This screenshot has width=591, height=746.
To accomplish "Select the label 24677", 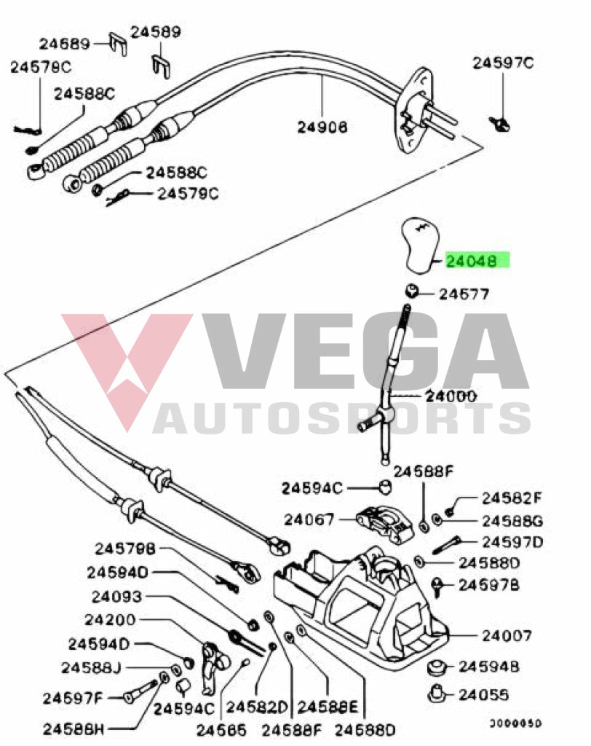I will coord(464,294).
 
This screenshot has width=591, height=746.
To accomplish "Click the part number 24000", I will coord(451,396).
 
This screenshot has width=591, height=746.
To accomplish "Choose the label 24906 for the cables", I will coord(322,127).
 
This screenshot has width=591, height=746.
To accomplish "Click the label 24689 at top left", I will coord(64,44).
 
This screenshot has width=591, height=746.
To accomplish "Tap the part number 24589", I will coord(156,32).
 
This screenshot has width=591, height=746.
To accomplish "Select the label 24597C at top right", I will coord(503,63).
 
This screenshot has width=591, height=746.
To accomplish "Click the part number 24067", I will coord(309,519).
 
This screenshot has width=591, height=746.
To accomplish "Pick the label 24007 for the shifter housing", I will coord(507,635).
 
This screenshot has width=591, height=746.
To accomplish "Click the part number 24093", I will coord(116,597).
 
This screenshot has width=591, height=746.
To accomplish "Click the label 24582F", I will coord(512,498).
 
